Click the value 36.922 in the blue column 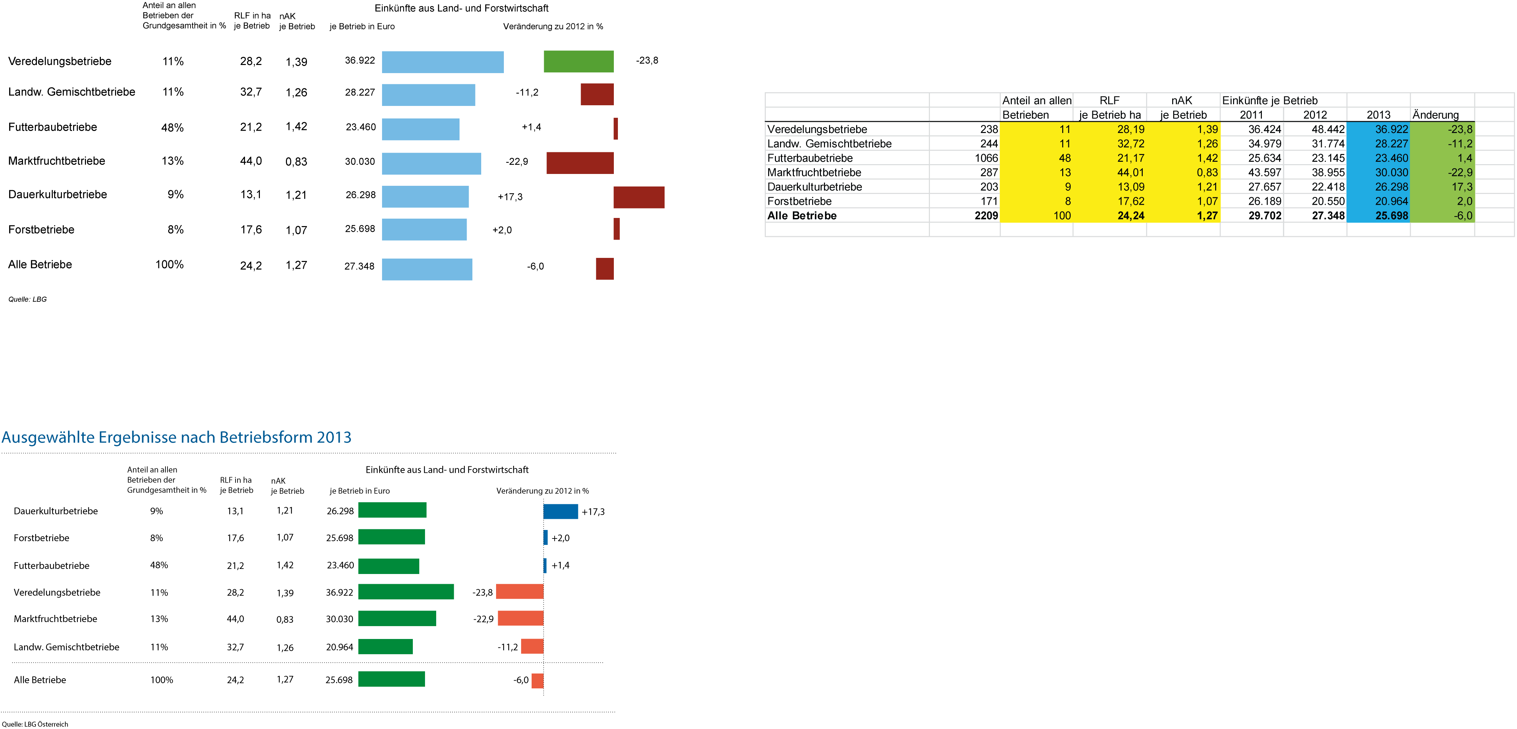1391,129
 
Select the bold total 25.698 1391,216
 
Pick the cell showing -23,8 1460,129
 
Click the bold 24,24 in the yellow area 1131,216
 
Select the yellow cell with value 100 1062,216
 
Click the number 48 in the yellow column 1064,158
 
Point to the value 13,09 1131,187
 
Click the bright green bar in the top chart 578,61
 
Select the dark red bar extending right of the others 639,197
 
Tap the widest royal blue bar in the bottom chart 561,511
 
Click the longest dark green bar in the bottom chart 406,591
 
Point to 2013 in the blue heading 334,438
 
